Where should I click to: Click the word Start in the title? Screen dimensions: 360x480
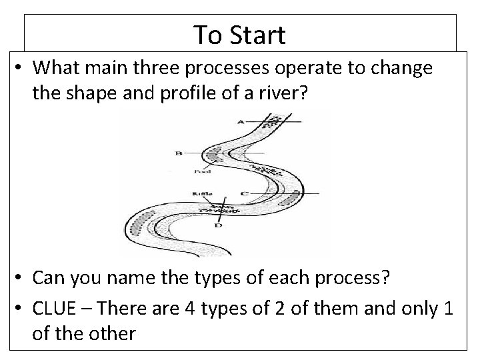(259, 35)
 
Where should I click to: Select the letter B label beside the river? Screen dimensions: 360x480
(178, 153)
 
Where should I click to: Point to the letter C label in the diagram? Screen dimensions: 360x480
(245, 193)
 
